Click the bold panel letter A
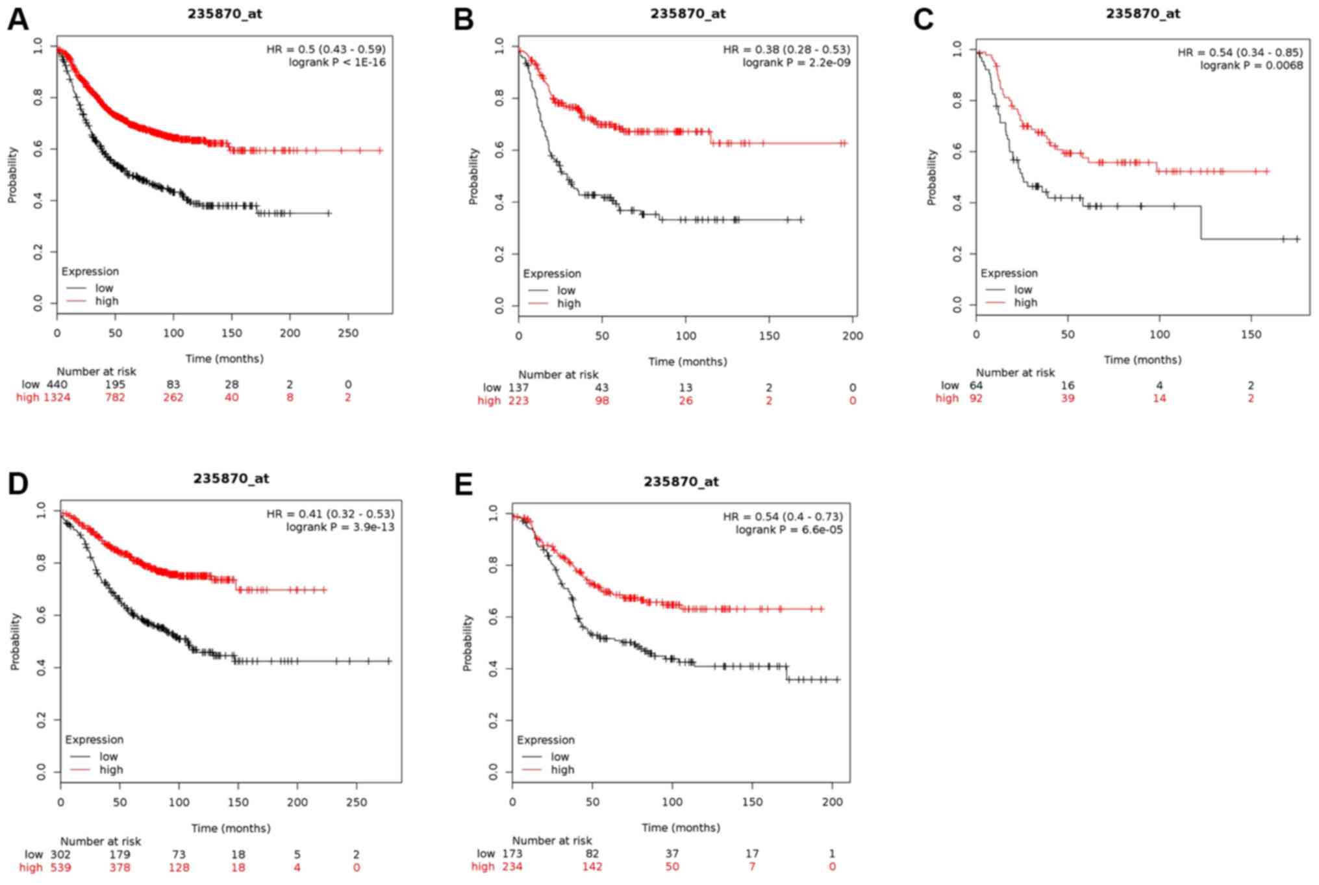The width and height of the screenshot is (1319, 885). (x=18, y=19)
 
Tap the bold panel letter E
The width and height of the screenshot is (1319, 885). (x=464, y=485)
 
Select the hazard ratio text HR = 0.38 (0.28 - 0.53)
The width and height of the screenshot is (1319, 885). (x=786, y=49)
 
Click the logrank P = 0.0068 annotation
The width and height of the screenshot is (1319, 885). (x=1251, y=65)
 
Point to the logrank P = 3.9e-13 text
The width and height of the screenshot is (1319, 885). (x=340, y=527)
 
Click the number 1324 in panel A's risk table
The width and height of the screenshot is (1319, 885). (x=57, y=397)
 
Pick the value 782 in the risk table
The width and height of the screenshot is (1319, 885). (x=115, y=397)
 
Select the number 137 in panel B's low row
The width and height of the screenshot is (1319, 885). (x=518, y=388)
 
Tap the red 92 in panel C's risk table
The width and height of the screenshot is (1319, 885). (x=976, y=398)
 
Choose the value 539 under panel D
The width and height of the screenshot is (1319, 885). (x=60, y=867)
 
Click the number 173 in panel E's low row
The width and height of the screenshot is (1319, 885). (x=512, y=854)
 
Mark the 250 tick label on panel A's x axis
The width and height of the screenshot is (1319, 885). (x=348, y=333)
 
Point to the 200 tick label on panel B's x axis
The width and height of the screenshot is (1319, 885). (x=853, y=336)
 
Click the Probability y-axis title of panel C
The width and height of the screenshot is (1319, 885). (x=932, y=177)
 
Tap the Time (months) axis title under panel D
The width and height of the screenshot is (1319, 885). (x=231, y=828)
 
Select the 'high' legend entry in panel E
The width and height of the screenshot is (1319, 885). (x=562, y=769)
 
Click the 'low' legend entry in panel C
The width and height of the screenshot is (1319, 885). (x=1023, y=290)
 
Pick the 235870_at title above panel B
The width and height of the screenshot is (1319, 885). (x=688, y=14)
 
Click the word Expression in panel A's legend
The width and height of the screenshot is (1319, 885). (x=90, y=271)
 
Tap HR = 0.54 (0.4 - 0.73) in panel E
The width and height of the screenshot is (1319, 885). (x=783, y=517)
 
